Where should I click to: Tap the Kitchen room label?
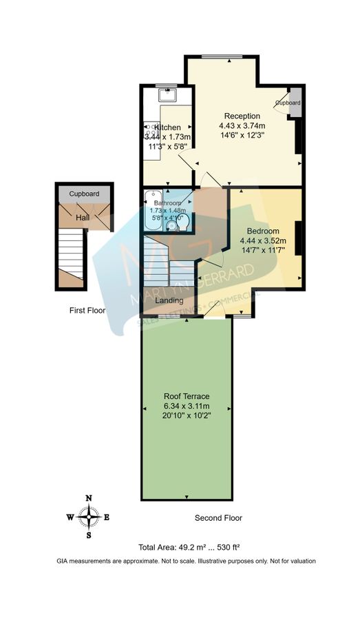point(167,127)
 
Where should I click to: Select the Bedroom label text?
point(262,230)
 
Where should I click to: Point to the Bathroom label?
point(168,203)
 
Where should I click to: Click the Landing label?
point(169,300)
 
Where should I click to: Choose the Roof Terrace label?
point(186,396)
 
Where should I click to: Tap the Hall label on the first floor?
point(83,218)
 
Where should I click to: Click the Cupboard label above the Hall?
point(84,194)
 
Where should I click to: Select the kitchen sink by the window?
point(167,94)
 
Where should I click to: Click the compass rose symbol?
point(89,515)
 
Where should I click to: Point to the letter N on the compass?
point(89,497)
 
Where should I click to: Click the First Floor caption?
point(87,311)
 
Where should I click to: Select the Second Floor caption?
point(218,518)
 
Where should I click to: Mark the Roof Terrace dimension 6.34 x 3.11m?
point(186,406)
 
